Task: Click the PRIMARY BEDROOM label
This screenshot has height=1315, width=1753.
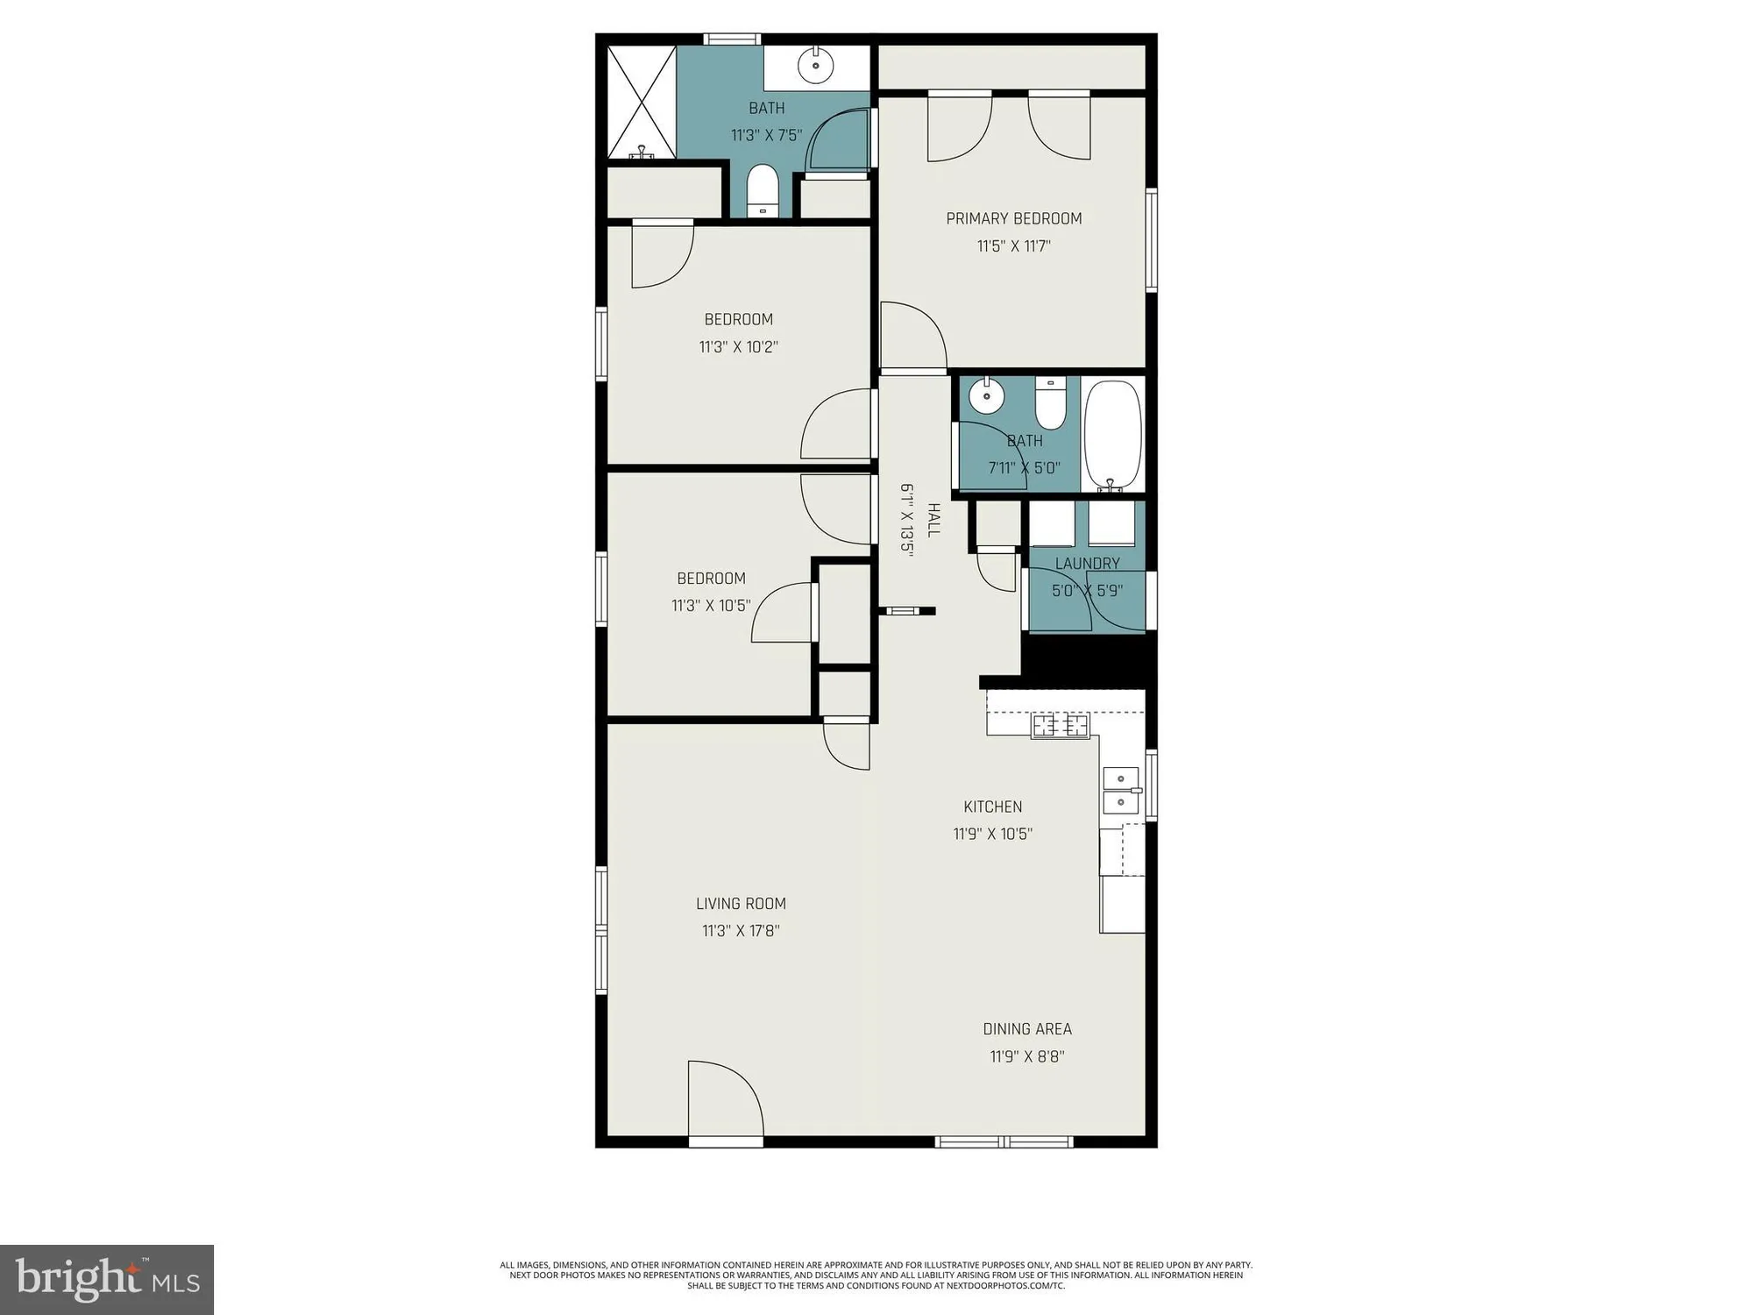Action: click(x=1014, y=218)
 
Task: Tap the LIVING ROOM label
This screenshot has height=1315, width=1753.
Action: click(x=741, y=903)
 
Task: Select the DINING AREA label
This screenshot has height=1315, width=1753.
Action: click(x=1027, y=1028)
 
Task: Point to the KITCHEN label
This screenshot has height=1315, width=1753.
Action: click(x=993, y=807)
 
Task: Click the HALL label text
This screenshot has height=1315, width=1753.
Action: click(x=933, y=520)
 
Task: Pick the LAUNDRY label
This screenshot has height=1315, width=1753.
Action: click(x=1087, y=563)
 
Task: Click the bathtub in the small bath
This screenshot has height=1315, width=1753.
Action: click(x=1113, y=436)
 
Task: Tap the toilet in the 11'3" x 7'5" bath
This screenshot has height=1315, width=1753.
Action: click(x=763, y=190)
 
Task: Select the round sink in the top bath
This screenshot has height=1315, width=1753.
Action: click(x=816, y=64)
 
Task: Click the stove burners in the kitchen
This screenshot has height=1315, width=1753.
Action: click(x=1061, y=726)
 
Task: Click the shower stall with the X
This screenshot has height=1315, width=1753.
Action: click(x=642, y=103)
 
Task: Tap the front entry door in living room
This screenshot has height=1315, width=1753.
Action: click(x=726, y=1101)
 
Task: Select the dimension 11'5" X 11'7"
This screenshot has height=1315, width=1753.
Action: click(x=1014, y=245)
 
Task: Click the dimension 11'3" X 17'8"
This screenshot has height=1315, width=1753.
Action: click(x=741, y=930)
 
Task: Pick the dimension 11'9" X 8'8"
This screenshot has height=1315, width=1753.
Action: click(x=1027, y=1056)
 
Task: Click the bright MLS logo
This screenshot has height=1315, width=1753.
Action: click(x=107, y=1279)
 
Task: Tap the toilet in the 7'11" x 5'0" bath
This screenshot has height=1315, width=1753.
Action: click(x=1049, y=402)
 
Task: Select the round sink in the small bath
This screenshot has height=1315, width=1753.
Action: click(x=988, y=395)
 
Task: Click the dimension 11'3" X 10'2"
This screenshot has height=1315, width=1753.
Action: click(x=739, y=346)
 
